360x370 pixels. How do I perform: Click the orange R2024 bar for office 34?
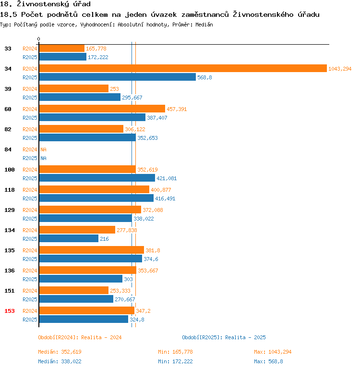(x=182, y=69)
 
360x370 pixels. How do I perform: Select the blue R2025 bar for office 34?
(x=117, y=77)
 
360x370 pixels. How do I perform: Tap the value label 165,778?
(x=96, y=49)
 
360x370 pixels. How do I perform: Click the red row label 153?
(x=10, y=311)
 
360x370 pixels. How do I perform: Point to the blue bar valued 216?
(x=68, y=239)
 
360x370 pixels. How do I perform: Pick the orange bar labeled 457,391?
(x=102, y=109)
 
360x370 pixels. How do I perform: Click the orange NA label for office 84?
(x=43, y=149)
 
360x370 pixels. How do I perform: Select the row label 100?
(x=10, y=170)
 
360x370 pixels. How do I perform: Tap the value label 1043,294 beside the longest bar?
(x=340, y=69)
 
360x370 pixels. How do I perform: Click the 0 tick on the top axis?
(x=39, y=39)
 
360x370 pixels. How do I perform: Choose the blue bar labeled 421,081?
(x=96, y=178)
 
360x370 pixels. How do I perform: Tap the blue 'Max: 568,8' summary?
(x=268, y=361)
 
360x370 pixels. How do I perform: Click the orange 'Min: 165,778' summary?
(x=175, y=352)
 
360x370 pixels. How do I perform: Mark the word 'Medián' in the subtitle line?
(x=204, y=25)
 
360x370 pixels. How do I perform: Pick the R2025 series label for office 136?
(x=30, y=279)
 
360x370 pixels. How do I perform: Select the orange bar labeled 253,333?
(x=73, y=291)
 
